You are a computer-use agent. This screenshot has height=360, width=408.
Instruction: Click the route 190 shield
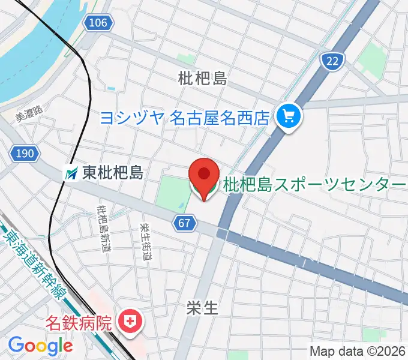click(25, 154)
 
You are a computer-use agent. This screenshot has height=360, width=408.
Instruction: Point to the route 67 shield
click(186, 223)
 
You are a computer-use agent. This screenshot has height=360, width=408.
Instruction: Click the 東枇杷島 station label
click(112, 173)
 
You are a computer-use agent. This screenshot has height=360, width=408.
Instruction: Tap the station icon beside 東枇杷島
click(72, 173)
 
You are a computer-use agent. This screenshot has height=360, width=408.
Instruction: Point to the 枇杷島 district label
click(202, 78)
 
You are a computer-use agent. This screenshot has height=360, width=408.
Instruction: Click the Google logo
click(40, 345)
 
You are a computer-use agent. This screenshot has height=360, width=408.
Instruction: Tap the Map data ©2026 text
click(358, 351)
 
